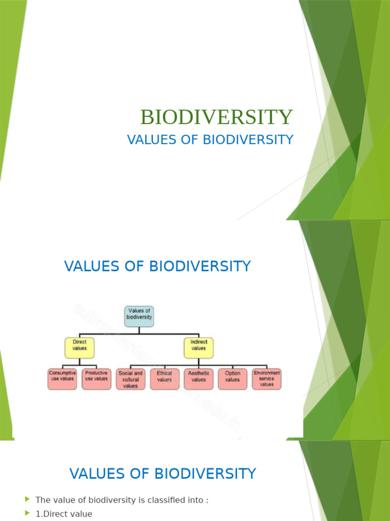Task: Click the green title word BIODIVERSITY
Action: pos(216,117)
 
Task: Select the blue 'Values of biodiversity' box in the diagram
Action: pos(139,316)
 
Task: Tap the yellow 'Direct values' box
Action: pos(80,348)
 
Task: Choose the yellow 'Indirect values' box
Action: pos(199,348)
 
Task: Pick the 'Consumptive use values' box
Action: pos(62,379)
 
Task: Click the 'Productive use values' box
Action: pos(96,379)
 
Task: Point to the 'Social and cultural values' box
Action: pos(131,379)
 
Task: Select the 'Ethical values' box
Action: pos(165,379)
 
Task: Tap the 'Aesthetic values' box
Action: pos(199,379)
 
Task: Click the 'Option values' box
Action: pos(233,379)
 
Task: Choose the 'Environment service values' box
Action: pos(267,379)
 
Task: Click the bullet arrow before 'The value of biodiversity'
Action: pos(27,500)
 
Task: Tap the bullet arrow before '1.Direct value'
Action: pos(27,513)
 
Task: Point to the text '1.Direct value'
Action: pos(64,514)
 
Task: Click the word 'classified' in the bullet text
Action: pos(155,500)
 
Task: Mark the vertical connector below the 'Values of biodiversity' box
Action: pos(139,330)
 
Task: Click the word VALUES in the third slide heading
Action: pos(96,474)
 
